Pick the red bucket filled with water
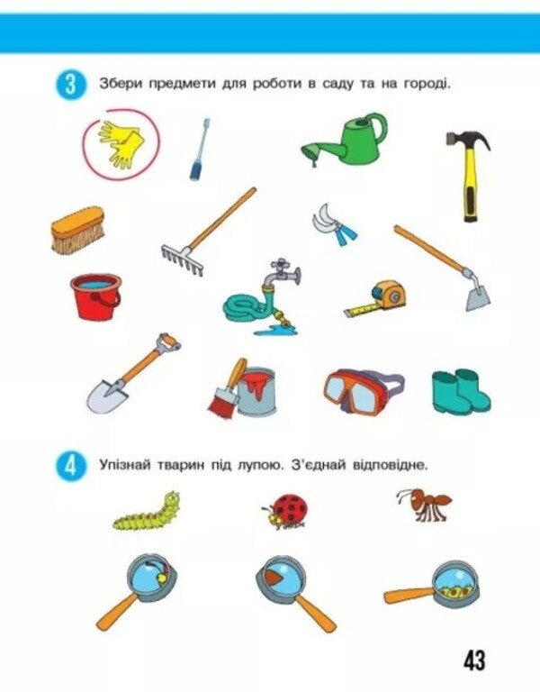tap(95, 296)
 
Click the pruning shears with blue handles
tap(334, 225)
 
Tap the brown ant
tap(423, 505)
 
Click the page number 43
tap(474, 660)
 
